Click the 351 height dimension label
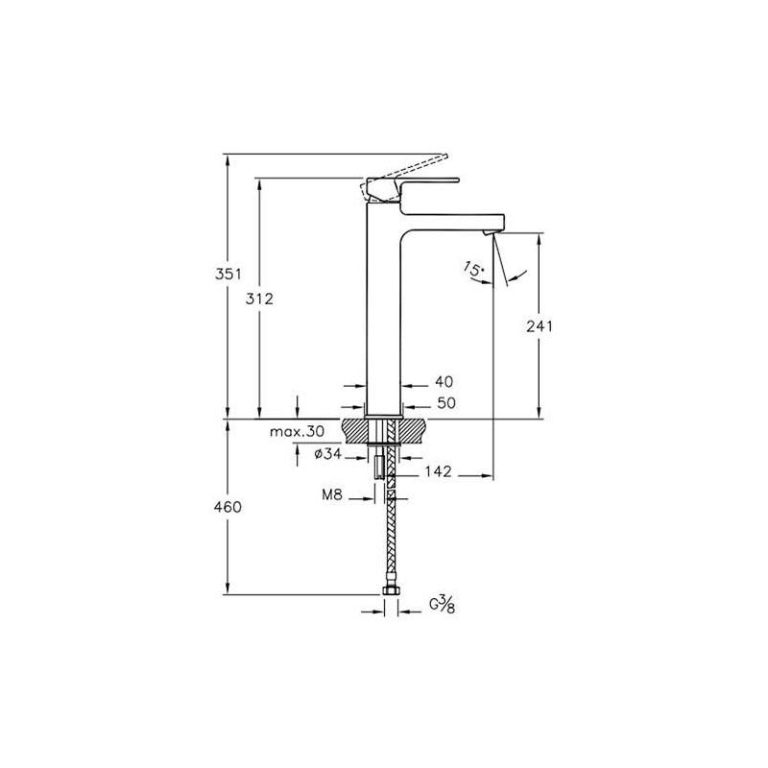[x=228, y=275]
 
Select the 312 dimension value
[x=259, y=299]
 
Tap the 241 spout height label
[x=540, y=326]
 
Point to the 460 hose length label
[x=228, y=507]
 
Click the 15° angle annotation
[x=474, y=269]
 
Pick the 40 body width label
[x=444, y=381]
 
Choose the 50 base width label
[x=446, y=403]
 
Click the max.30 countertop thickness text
[x=298, y=431]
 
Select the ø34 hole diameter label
[x=327, y=454]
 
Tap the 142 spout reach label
[x=438, y=471]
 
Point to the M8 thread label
[x=332, y=494]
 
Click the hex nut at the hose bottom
[x=391, y=590]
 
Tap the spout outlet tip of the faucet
[x=490, y=232]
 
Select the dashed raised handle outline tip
[x=444, y=156]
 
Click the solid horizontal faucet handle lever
[x=428, y=180]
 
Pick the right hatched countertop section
[x=413, y=430]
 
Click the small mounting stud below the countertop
[x=378, y=467]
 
